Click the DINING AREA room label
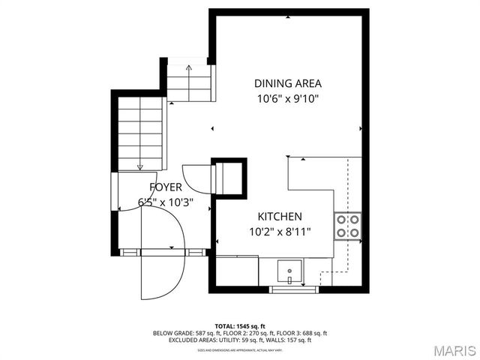[287, 83]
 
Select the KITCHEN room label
[280, 216]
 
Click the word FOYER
[165, 187]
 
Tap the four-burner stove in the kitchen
[348, 226]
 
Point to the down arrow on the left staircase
[139, 166]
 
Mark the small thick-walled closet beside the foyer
[229, 178]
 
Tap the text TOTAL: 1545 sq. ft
[241, 325]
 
